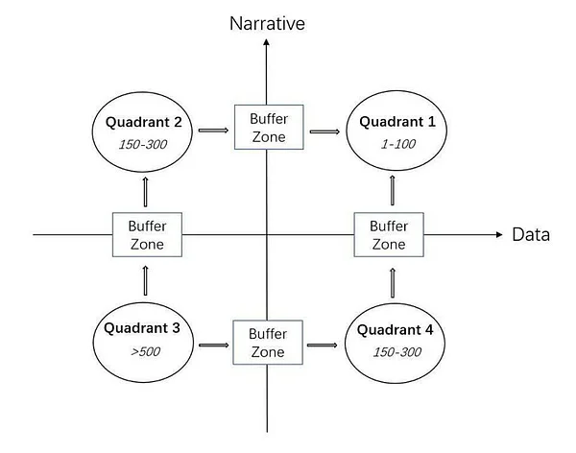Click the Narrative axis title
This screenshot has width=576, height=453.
[x=267, y=23]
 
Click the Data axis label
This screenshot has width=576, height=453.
[x=531, y=234]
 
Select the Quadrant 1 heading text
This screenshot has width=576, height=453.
[x=397, y=122]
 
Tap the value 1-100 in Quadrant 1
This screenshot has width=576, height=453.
[x=398, y=144]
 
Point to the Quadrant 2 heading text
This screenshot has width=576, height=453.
[x=144, y=122]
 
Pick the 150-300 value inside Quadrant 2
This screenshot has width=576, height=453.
[x=143, y=144]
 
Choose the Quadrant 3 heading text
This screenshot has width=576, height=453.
[x=142, y=327]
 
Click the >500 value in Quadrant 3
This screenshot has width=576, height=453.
[x=146, y=351]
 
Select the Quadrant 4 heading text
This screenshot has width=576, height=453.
[x=395, y=329]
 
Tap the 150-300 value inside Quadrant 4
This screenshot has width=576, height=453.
[x=397, y=352]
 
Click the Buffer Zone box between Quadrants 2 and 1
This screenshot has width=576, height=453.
[x=269, y=127]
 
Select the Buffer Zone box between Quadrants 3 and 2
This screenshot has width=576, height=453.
[x=147, y=234]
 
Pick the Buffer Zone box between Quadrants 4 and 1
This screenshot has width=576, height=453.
[x=389, y=234]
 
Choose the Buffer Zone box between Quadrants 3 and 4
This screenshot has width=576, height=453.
[x=268, y=343]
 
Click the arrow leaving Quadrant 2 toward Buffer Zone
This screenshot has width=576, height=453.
[x=213, y=131]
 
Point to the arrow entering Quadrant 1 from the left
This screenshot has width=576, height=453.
[x=324, y=131]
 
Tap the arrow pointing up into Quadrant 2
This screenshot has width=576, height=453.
[x=145, y=192]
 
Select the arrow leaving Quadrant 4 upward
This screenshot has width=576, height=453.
[x=393, y=282]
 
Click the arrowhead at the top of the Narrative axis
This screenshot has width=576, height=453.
[x=266, y=42]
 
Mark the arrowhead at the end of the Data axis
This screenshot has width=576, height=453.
[x=499, y=234]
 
